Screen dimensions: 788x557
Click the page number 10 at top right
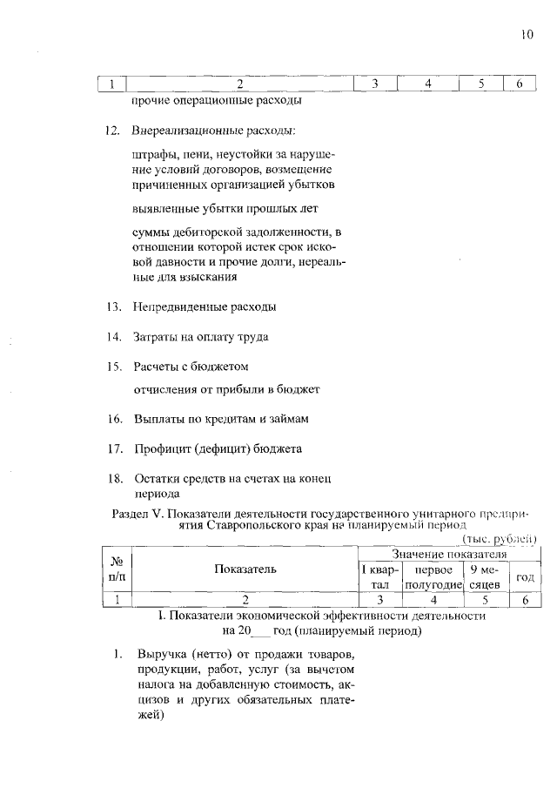point(527,36)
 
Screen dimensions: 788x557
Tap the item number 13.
point(112,307)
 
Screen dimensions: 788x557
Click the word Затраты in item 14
point(155,336)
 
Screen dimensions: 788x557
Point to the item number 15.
point(112,367)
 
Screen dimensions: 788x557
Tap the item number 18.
point(112,479)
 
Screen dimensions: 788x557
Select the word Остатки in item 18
point(157,479)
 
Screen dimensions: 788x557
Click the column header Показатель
point(245,569)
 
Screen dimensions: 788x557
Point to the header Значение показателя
point(448,554)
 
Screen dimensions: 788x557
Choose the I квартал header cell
point(380,577)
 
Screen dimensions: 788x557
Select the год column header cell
point(524,577)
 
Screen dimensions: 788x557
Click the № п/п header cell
point(115,569)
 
